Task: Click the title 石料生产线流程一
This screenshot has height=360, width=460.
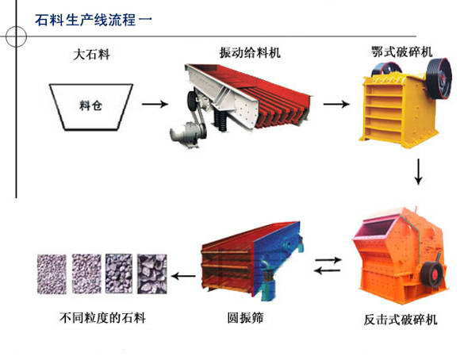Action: coord(94,20)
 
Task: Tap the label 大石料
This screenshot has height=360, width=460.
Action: coord(92,55)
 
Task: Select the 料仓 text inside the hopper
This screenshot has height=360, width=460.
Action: coord(90,105)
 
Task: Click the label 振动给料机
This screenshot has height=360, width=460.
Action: coord(250,53)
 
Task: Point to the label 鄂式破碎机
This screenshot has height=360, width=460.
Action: coord(402,52)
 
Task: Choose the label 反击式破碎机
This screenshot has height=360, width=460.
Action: coord(401,320)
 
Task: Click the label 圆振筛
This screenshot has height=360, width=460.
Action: coord(246,318)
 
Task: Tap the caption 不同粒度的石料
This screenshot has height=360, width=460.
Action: coord(102,318)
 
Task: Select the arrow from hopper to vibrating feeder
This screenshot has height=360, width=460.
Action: coord(155,104)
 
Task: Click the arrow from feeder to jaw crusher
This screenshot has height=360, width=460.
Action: coord(336,104)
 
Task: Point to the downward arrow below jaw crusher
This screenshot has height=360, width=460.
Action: coord(418,172)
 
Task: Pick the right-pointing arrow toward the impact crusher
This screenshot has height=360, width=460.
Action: coord(328,259)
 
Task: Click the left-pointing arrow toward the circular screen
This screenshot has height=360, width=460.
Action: coord(327,270)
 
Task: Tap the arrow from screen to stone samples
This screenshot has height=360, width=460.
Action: coord(184,276)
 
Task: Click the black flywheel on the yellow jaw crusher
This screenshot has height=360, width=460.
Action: coord(439,78)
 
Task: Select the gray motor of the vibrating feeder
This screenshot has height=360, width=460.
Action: coord(185,135)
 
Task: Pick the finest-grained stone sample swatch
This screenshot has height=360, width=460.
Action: coord(52,274)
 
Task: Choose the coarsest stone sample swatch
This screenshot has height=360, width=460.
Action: coord(152,274)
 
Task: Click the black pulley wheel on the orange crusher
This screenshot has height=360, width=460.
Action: coord(433,274)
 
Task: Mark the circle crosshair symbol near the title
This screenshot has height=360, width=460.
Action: coord(16,36)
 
